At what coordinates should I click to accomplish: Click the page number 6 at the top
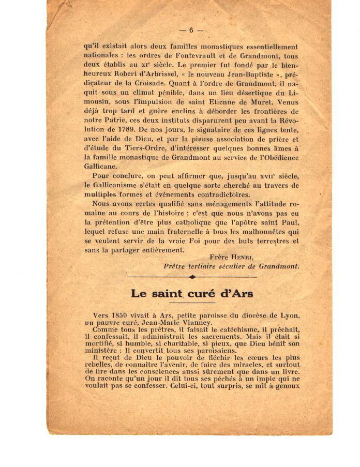[x=191, y=30]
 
